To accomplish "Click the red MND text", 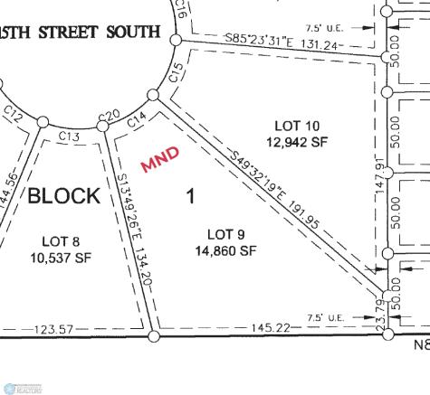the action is (160, 159).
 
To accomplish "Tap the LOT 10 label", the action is (296, 124).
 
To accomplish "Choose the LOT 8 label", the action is (62, 240).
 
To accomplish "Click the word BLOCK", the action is (63, 196).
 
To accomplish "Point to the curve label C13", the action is (71, 136).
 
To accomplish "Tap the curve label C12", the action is (14, 113).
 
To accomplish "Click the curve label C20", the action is (109, 115).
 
